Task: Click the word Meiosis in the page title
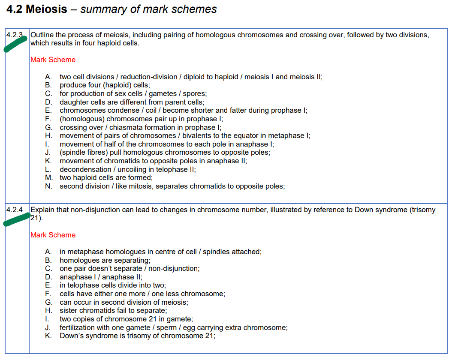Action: [x=46, y=9]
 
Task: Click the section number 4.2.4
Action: [x=14, y=210]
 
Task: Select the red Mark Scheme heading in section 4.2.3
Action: [x=53, y=60]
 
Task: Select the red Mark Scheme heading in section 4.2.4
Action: [x=53, y=235]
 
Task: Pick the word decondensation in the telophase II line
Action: [x=84, y=169]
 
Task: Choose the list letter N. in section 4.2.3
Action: [x=48, y=186]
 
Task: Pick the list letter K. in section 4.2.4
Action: [x=48, y=336]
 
